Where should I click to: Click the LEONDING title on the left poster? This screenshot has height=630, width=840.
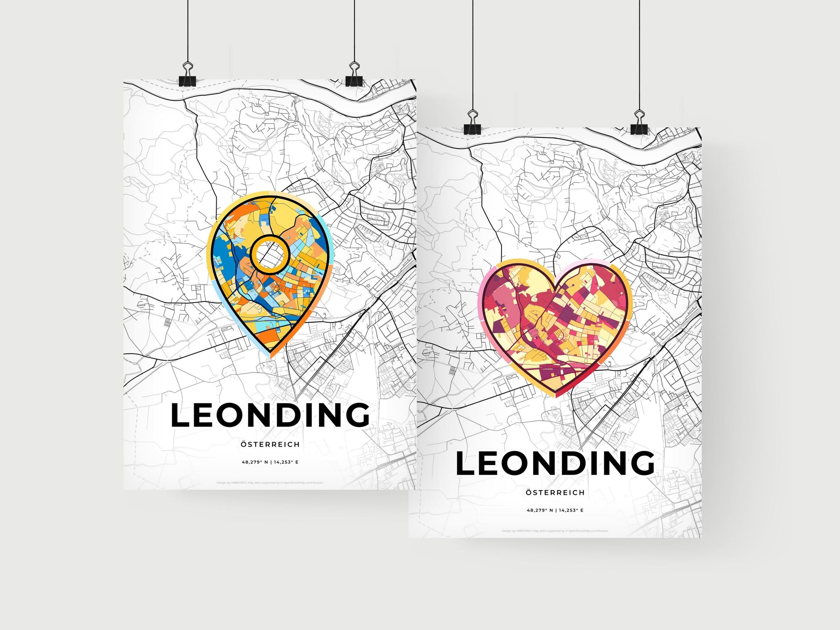[x=270, y=415]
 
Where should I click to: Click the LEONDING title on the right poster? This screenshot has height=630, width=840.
[x=555, y=463]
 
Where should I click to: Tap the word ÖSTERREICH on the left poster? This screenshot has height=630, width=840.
[x=270, y=444]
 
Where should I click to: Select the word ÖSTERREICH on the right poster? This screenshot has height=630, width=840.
[x=555, y=492]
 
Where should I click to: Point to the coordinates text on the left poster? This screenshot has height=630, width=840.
[x=270, y=462]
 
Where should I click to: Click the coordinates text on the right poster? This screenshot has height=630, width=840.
[x=555, y=510]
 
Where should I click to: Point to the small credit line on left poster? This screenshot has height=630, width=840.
[x=270, y=483]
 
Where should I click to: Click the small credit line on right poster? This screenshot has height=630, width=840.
[x=555, y=531]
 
